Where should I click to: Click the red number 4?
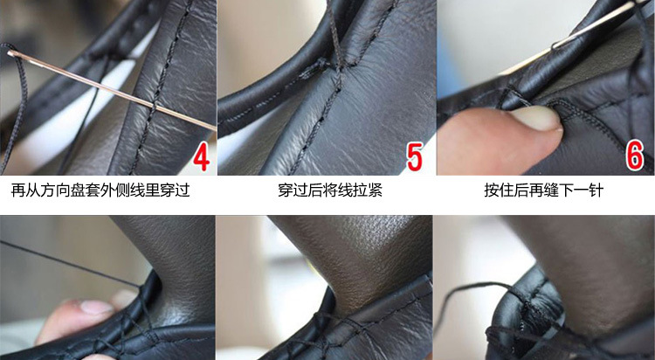[202, 156]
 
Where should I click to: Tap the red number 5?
[415, 156]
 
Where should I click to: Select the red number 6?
[634, 156]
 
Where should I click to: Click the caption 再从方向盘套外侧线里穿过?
[100, 190]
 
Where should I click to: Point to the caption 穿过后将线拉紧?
[330, 190]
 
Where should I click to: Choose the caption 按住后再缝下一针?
[544, 190]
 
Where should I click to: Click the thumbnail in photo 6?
[536, 117]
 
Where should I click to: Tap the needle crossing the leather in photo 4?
[111, 89]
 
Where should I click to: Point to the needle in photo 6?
[593, 25]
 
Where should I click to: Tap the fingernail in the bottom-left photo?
[97, 308]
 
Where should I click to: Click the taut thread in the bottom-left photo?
[71, 264]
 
